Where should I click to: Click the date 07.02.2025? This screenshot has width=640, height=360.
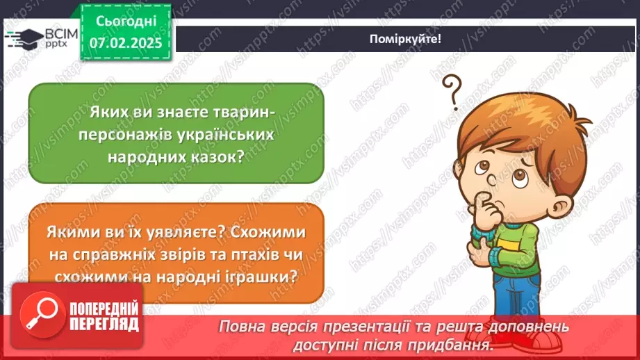126,43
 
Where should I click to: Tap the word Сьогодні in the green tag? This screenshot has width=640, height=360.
126,22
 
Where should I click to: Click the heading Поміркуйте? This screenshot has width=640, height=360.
405,39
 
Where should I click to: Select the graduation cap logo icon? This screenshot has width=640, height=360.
24,39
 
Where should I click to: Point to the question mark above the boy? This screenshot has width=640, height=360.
452,92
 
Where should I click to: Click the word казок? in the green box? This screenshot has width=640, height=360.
216,157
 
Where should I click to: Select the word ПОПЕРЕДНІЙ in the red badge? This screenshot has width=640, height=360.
104,309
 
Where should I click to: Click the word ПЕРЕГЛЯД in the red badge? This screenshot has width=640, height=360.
104,325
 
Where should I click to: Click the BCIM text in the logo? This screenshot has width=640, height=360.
61,34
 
